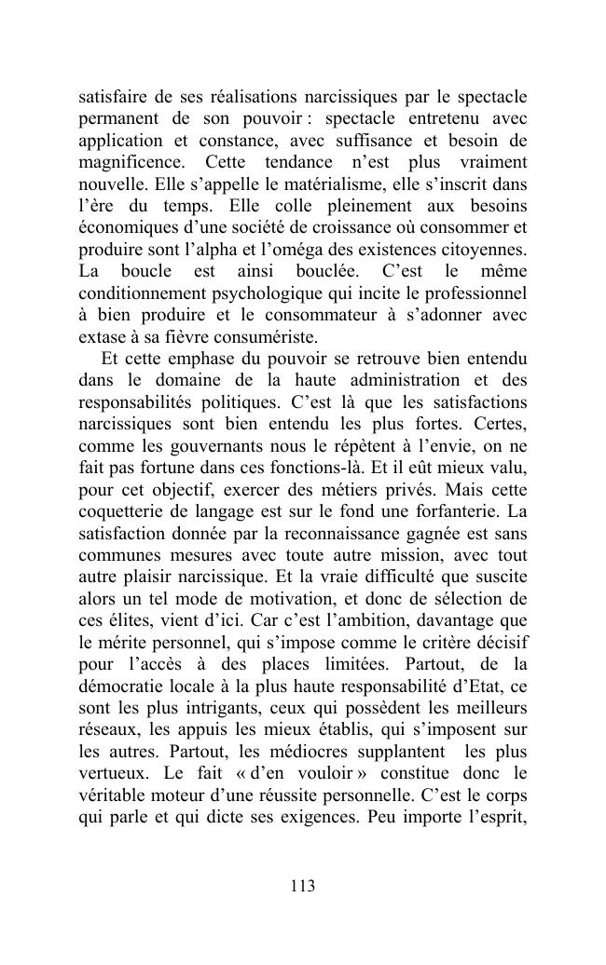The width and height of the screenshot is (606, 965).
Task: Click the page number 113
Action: (x=302, y=886)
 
